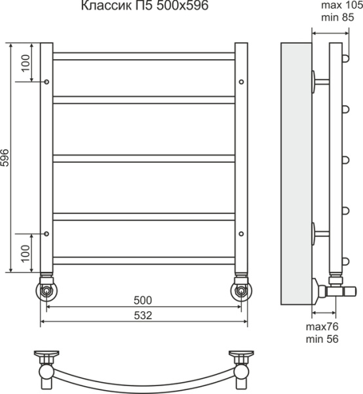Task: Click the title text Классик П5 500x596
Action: point(145,5)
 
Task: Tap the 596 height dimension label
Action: point(5,158)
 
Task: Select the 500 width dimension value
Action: point(143,300)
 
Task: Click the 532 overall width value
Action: point(143,315)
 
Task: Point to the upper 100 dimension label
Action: point(26,63)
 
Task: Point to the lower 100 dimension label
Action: point(26,253)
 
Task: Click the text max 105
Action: point(342,5)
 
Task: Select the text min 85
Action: point(337,17)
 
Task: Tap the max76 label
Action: point(322,326)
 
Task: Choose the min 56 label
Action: point(322,339)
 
